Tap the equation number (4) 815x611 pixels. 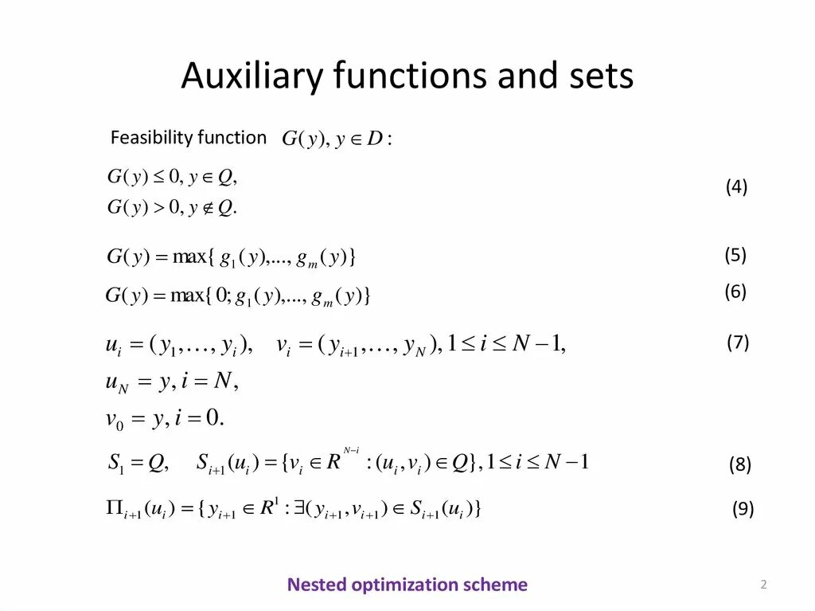click(x=736, y=187)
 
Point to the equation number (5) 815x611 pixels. click(x=735, y=255)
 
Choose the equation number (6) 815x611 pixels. click(x=735, y=292)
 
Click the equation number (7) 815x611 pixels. click(x=737, y=343)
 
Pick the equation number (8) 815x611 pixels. click(x=739, y=465)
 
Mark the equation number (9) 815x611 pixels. click(x=743, y=510)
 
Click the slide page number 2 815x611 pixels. click(x=763, y=586)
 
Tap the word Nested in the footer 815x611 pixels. click(x=317, y=585)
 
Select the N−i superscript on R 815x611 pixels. click(x=352, y=451)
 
